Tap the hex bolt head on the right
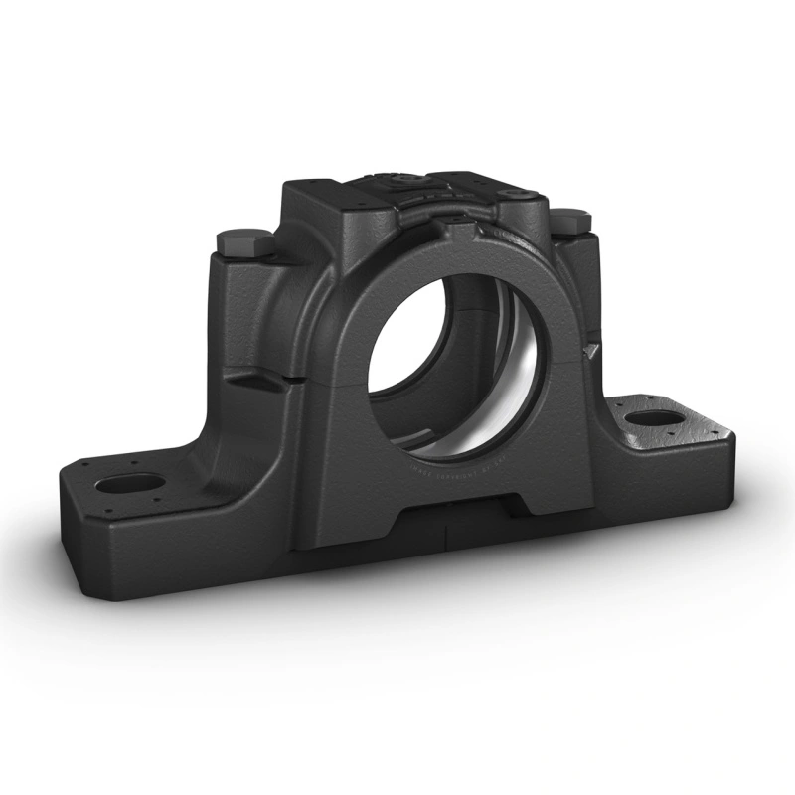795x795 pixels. click(x=570, y=221)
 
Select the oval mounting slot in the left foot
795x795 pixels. click(x=130, y=484)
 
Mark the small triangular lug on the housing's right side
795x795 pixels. click(x=592, y=350)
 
